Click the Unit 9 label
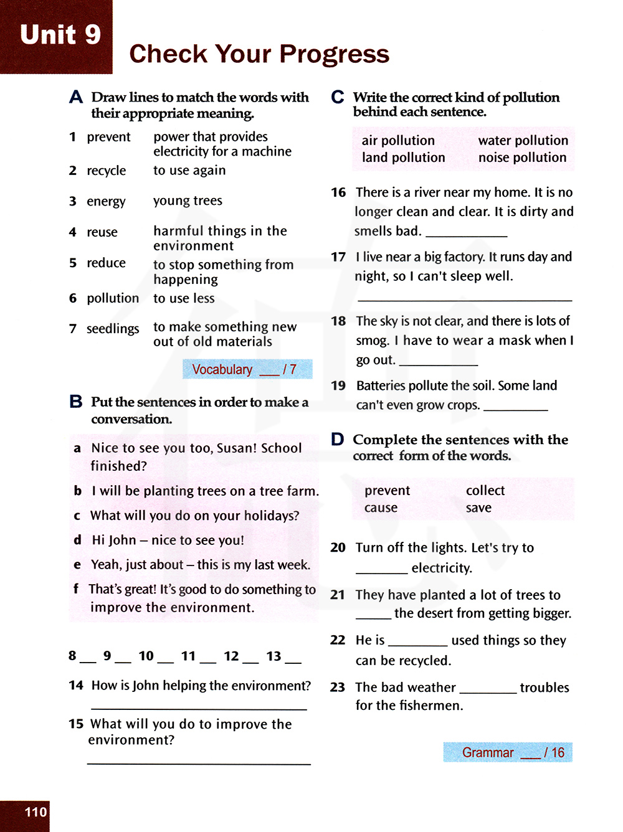click(60, 35)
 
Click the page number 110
click(36, 812)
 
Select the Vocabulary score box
click(247, 369)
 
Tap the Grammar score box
click(507, 752)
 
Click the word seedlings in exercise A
click(113, 329)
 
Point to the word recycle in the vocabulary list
click(107, 171)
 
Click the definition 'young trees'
click(188, 201)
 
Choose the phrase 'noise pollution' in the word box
click(522, 158)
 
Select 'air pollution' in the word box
click(398, 141)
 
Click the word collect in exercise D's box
click(485, 491)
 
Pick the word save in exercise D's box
click(478, 508)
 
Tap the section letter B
click(76, 402)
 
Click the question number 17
click(338, 257)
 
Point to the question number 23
click(338, 688)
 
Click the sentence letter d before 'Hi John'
click(77, 540)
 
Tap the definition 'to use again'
click(189, 171)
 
